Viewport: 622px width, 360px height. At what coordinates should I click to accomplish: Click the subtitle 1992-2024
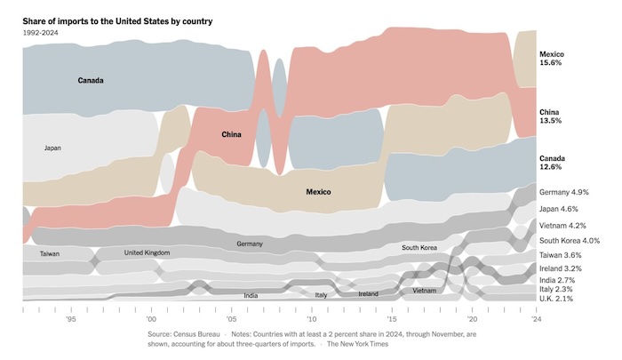click(x=39, y=32)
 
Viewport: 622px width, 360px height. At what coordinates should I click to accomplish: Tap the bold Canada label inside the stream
click(x=91, y=81)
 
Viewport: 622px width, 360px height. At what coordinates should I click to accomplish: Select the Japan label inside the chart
click(x=52, y=148)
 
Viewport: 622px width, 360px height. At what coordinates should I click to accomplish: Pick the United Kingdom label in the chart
click(x=147, y=253)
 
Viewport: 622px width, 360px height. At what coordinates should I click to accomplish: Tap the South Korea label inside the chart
click(x=420, y=248)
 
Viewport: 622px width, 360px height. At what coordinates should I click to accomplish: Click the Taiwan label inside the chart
click(x=50, y=254)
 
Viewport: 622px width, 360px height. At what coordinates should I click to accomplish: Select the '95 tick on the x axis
click(x=70, y=317)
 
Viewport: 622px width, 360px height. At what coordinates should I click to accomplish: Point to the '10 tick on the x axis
click(x=311, y=317)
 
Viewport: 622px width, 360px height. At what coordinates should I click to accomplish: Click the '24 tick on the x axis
click(x=536, y=317)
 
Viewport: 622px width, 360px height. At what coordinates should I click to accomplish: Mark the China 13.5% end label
click(x=551, y=116)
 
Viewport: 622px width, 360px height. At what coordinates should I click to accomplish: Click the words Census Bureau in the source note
click(x=201, y=335)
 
